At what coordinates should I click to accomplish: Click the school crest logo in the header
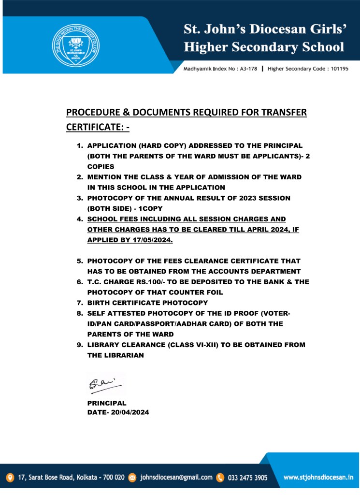(x=75, y=45)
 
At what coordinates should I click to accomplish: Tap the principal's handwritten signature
(x=104, y=385)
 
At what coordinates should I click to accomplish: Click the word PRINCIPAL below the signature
(x=107, y=403)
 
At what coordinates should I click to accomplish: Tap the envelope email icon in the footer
(x=132, y=478)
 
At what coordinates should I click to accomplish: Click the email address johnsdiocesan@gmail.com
(x=176, y=478)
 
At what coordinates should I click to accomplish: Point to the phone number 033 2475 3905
(x=247, y=478)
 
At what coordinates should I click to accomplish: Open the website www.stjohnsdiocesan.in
(x=318, y=478)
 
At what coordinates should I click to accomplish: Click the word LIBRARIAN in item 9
(x=123, y=355)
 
